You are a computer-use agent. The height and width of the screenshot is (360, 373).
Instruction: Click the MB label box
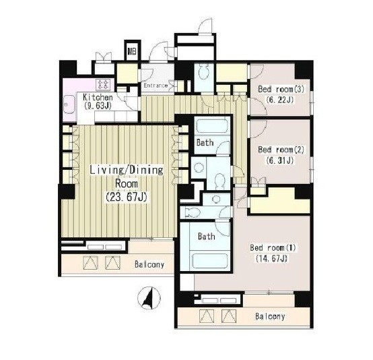tap(132, 51)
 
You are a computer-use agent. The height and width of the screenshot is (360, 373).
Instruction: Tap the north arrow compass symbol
tap(149, 298)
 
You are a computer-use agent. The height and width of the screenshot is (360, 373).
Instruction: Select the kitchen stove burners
tap(103, 84)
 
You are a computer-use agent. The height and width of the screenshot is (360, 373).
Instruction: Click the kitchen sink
tap(69, 104)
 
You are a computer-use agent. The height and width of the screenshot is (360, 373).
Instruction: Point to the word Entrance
tap(156, 86)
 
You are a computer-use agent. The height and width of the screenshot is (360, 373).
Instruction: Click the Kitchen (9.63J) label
tap(98, 102)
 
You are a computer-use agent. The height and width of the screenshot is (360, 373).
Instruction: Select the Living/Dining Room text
tap(127, 177)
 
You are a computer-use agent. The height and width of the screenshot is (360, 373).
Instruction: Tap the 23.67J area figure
tap(127, 197)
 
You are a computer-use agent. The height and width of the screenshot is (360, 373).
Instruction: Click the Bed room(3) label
tap(281, 90)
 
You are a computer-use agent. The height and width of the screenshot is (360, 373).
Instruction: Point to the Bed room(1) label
tap(273, 248)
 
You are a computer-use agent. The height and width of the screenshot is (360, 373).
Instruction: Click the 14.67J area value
tap(271, 258)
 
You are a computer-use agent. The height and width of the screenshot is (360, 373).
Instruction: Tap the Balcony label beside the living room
tap(149, 264)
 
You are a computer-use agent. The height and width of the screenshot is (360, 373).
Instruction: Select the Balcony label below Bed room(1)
tap(270, 316)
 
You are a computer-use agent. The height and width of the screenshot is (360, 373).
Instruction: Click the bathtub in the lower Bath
tap(210, 261)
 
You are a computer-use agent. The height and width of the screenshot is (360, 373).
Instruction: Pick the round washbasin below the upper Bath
tap(198, 167)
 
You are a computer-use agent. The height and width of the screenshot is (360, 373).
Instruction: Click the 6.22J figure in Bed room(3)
tap(280, 100)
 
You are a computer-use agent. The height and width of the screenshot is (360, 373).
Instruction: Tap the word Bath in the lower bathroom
tap(207, 237)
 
